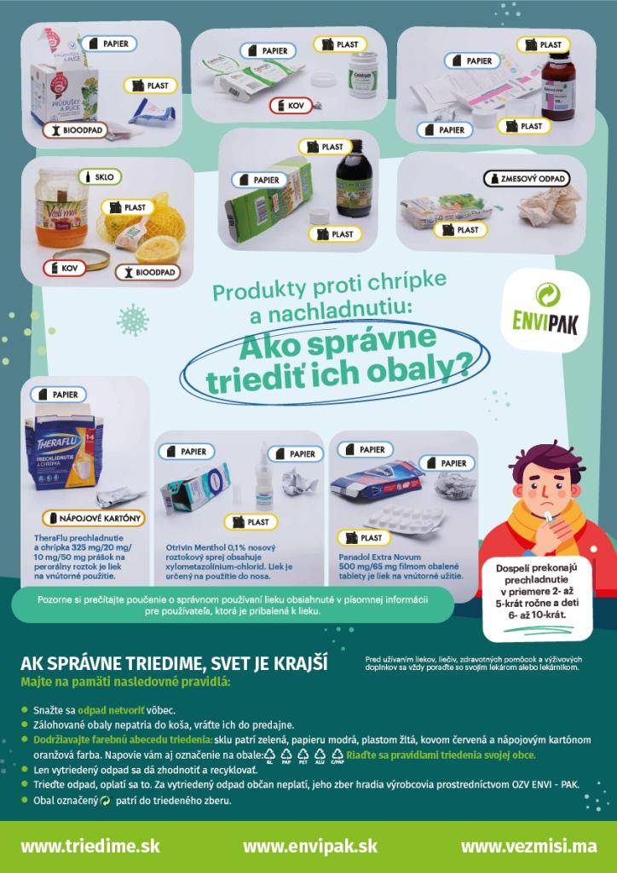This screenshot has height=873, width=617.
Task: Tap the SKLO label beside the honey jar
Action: point(101,176)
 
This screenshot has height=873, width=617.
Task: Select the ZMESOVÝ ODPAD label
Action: point(525,179)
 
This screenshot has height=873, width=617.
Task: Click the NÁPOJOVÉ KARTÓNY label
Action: point(95,517)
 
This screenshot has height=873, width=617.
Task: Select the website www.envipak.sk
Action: point(309,847)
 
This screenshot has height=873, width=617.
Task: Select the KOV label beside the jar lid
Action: point(64,269)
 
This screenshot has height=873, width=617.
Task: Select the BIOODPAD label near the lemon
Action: point(149,273)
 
